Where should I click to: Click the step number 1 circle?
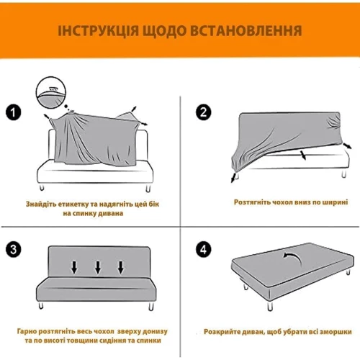pyautogui.click(x=14, y=112)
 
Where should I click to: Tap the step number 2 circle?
pyautogui.click(x=204, y=112)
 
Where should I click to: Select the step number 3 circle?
pyautogui.click(x=14, y=250)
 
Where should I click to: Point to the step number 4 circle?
pyautogui.click(x=204, y=250)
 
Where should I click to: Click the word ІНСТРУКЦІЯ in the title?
pyautogui.click(x=99, y=31)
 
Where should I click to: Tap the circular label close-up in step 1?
pyautogui.click(x=51, y=92)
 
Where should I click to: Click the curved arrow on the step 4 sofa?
pyautogui.click(x=292, y=258)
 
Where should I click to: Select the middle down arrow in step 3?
pyautogui.click(x=98, y=267)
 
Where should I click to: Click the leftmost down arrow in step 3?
pyautogui.click(x=74, y=267)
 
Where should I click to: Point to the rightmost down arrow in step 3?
pyautogui.click(x=121, y=267)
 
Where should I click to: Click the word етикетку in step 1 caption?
pyautogui.click(x=74, y=204)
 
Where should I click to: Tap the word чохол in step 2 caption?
pyautogui.click(x=282, y=202)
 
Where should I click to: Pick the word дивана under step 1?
pyautogui.click(x=111, y=213)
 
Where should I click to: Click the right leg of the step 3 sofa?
pyautogui.click(x=151, y=306)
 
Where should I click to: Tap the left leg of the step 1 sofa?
pyautogui.click(x=42, y=187)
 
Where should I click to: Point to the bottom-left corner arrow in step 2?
pyautogui.click(x=233, y=178)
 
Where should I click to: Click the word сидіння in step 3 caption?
pyautogui.click(x=120, y=341)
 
